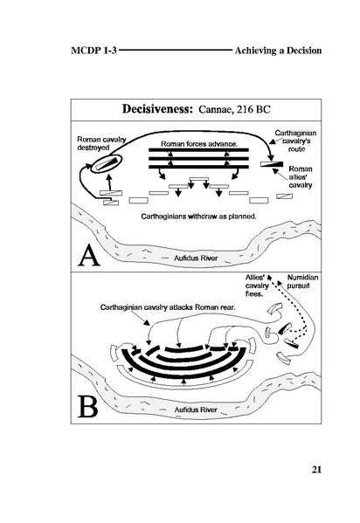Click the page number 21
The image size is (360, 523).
(316, 470)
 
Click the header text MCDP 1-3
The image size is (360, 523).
(93, 51)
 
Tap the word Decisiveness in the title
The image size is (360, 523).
(157, 109)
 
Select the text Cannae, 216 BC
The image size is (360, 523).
(234, 109)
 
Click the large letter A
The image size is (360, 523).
(89, 256)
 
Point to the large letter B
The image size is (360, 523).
(88, 406)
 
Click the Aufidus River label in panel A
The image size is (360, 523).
(196, 258)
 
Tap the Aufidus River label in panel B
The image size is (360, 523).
(196, 409)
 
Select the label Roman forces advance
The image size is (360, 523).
(199, 144)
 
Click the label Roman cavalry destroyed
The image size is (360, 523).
(101, 143)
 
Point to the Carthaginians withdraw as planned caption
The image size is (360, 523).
(198, 217)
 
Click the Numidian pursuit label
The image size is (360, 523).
(302, 281)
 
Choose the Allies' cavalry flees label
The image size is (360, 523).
(257, 286)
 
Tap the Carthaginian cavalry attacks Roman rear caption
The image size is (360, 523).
(168, 307)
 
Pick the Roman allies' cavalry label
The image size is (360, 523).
(301, 177)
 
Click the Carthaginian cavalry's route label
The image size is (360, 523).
(296, 141)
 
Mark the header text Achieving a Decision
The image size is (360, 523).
(278, 51)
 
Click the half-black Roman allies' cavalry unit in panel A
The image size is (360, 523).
(272, 164)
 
